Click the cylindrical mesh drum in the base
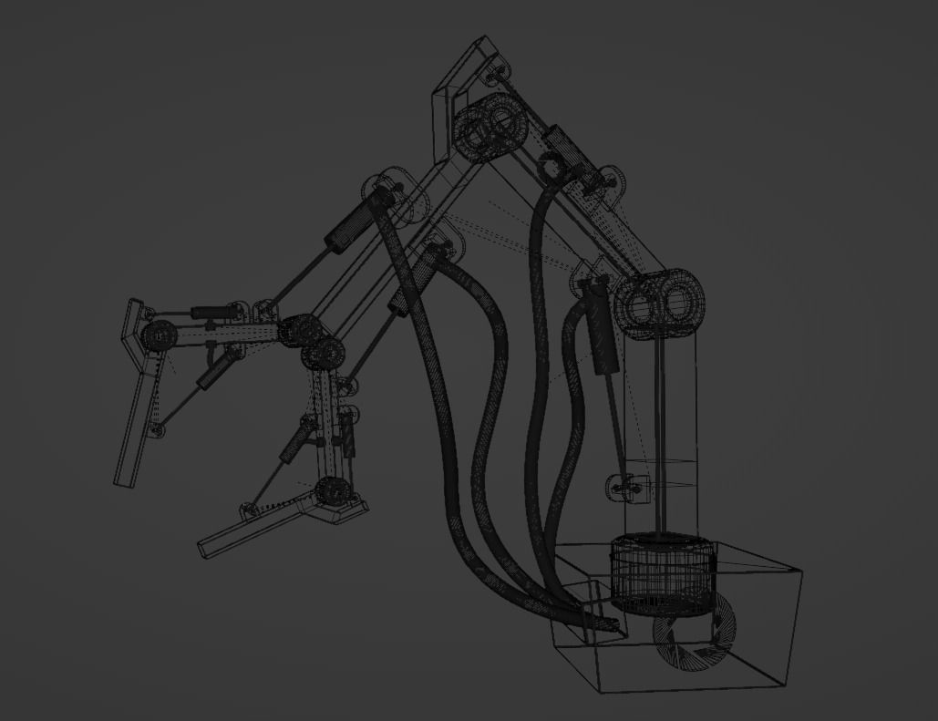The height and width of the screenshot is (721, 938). [661, 572]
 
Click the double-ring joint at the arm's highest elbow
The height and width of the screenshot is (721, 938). [489, 129]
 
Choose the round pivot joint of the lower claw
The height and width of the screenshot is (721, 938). [332, 492]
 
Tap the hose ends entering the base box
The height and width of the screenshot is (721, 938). [606, 624]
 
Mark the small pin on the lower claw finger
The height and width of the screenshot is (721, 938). [247, 508]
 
